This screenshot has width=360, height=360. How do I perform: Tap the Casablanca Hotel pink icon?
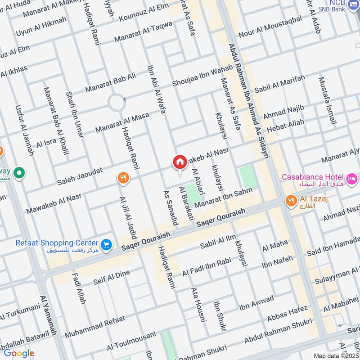point(352,177)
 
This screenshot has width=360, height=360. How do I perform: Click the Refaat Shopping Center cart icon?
point(106,244)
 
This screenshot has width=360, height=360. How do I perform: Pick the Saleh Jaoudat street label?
point(80,177)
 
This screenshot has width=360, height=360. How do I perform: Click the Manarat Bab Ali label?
point(110,83)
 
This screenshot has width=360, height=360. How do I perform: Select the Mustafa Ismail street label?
point(327,101)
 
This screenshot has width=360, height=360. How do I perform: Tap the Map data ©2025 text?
point(335,355)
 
